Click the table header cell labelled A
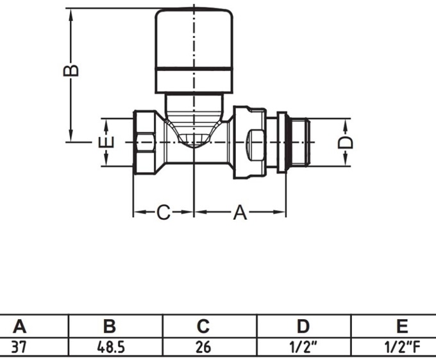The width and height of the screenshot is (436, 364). (20, 326)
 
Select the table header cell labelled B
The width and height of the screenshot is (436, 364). (110, 326)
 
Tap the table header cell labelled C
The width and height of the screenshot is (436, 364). (203, 326)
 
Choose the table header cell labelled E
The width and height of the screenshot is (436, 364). (402, 326)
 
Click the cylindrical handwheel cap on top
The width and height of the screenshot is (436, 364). (193, 38)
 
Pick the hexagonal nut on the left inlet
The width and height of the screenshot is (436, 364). (147, 141)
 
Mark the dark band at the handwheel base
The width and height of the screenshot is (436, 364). (193, 81)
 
